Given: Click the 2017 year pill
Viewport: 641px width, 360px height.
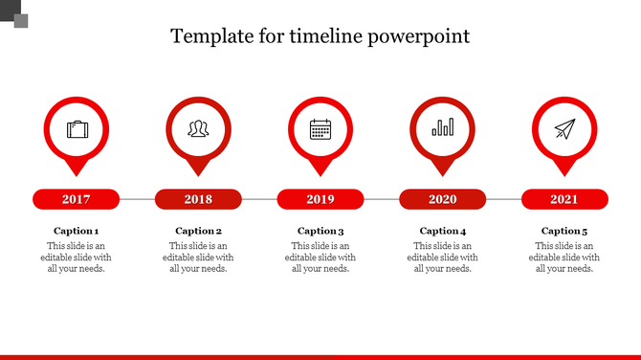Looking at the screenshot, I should [x=76, y=199].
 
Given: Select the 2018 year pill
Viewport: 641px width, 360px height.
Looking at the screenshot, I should [x=198, y=199].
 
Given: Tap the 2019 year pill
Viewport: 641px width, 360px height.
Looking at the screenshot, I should [x=320, y=199].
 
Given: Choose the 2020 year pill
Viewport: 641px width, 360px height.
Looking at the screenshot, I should [x=442, y=199].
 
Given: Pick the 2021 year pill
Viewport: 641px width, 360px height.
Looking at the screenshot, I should [x=564, y=199].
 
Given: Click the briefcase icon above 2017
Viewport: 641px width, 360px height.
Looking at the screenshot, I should [x=77, y=128].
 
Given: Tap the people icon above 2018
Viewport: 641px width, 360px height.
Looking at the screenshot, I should [x=198, y=128].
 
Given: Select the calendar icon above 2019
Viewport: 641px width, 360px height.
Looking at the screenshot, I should [x=320, y=128].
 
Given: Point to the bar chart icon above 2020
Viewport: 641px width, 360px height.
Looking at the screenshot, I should [x=443, y=128].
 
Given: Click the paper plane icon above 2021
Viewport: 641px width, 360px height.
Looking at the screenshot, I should [x=564, y=128].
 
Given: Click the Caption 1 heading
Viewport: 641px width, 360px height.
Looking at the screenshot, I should [x=76, y=231].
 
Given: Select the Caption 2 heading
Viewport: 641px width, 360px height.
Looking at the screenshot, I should [x=198, y=231].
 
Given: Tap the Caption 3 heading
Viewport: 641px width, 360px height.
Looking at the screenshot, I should [x=320, y=231].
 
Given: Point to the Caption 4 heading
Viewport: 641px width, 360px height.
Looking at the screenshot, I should [x=443, y=231].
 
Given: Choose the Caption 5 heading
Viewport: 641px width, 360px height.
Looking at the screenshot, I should [x=564, y=231].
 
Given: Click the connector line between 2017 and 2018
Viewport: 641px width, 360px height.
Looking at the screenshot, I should [x=137, y=199].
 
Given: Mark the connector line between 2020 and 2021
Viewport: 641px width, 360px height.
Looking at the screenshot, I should [x=503, y=199].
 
